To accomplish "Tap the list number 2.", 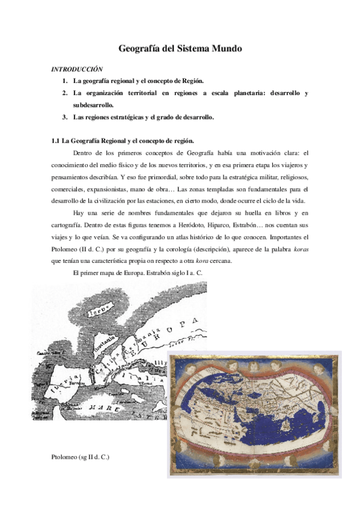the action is coord(64,93).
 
